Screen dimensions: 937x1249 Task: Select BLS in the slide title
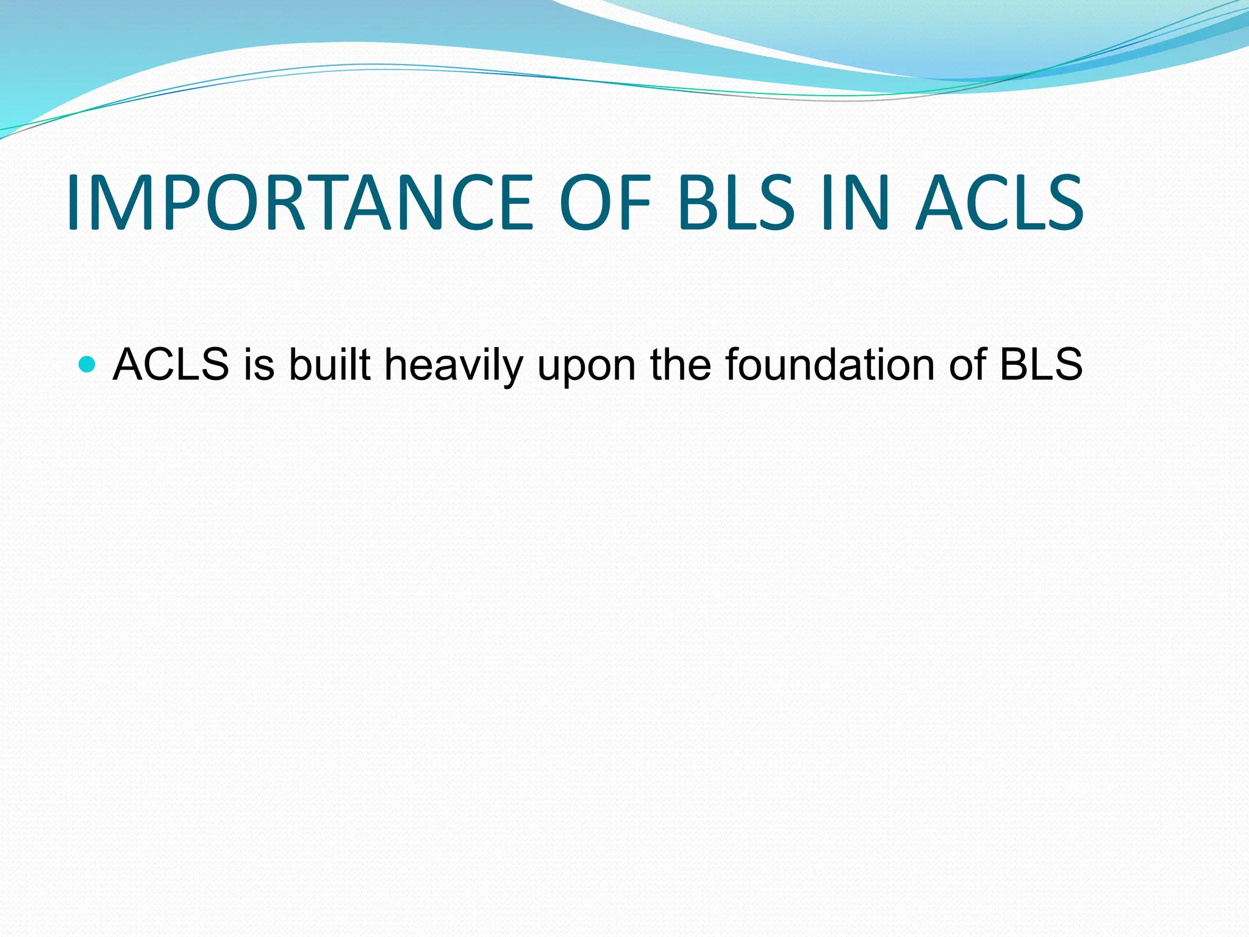point(735,203)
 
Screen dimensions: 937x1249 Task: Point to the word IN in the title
point(854,203)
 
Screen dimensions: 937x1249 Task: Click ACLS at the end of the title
point(1000,203)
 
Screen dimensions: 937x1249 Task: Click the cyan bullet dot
point(88,365)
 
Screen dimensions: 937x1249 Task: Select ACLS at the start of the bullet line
point(171,365)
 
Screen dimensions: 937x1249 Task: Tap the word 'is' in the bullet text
point(259,365)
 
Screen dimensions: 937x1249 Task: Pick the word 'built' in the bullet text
point(329,365)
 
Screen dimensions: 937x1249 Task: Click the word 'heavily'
point(454,365)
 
